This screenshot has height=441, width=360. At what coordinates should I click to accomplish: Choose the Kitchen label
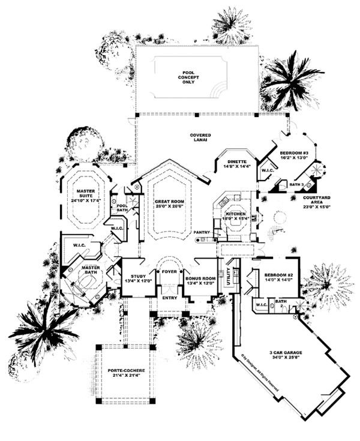[235, 213]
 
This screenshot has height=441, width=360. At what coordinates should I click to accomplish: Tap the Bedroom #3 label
[294, 154]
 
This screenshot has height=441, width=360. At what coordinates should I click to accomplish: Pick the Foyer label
[169, 272]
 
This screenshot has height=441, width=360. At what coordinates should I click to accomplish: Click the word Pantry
[200, 232]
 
